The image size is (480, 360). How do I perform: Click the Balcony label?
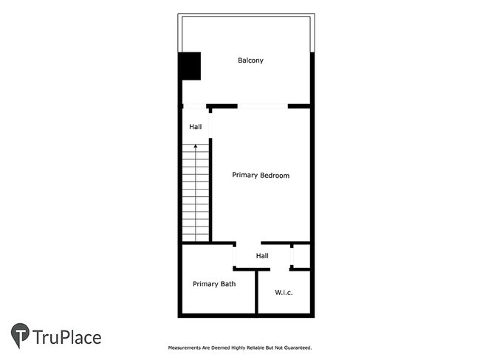coord(250,60)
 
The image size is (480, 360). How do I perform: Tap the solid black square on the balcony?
coord(190,66)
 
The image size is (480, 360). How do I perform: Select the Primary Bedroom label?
coord(261,176)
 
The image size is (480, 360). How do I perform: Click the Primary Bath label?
coord(214,284)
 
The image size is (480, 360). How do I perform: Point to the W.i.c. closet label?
coord(284,293)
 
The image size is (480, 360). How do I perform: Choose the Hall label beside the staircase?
coord(195,127)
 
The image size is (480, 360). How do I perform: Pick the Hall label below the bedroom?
coord(262,256)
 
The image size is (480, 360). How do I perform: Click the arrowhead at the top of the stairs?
coord(196,147)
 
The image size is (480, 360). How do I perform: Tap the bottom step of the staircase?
coord(196,238)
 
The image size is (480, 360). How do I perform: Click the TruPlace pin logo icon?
coord(20,336)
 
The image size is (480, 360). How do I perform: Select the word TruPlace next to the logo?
coord(67,338)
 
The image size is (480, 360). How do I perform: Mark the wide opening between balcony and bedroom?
coord(262,106)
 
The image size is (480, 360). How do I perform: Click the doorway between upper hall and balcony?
coord(195,106)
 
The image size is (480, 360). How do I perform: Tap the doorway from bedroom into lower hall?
coord(248,243)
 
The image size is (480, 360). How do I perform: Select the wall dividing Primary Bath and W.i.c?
coord(256,292)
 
